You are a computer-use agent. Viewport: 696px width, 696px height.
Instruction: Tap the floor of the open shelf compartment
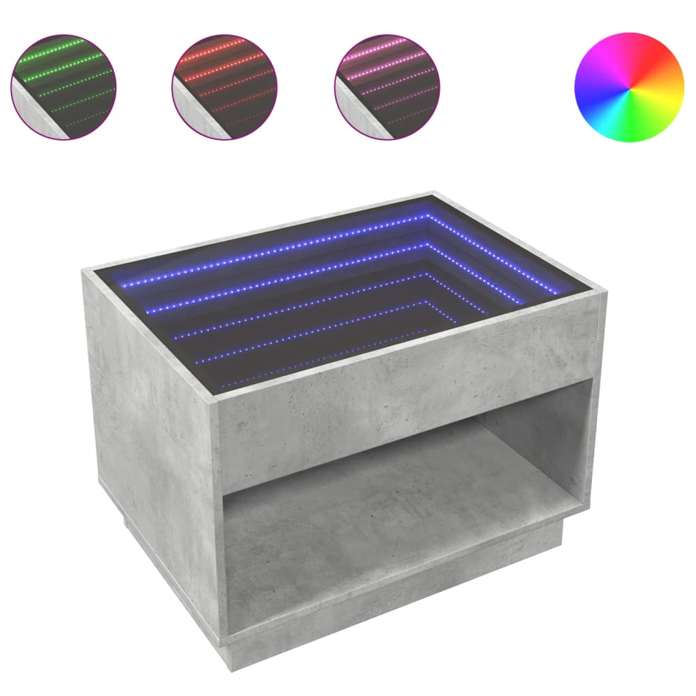381,503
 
